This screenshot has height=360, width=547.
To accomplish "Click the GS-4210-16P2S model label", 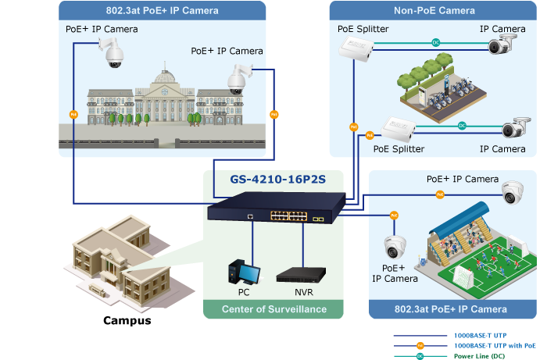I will [273, 179].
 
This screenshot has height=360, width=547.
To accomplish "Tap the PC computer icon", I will [244, 272].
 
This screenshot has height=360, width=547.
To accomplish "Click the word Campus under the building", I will [127, 320].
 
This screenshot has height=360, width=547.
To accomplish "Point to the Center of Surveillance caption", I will [274, 309].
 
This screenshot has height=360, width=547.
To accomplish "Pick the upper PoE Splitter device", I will [356, 49].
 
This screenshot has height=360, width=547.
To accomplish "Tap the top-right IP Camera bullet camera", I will [503, 45].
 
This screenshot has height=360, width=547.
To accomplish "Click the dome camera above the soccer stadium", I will [512, 191].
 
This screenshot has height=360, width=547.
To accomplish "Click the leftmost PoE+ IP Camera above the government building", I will [113, 53].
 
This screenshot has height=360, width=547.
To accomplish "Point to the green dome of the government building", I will [165, 77].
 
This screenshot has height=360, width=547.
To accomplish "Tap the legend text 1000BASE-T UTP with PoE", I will [495, 344].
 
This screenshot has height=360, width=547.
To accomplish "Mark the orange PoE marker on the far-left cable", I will [73, 114].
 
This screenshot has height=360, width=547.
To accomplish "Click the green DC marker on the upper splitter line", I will [434, 42].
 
